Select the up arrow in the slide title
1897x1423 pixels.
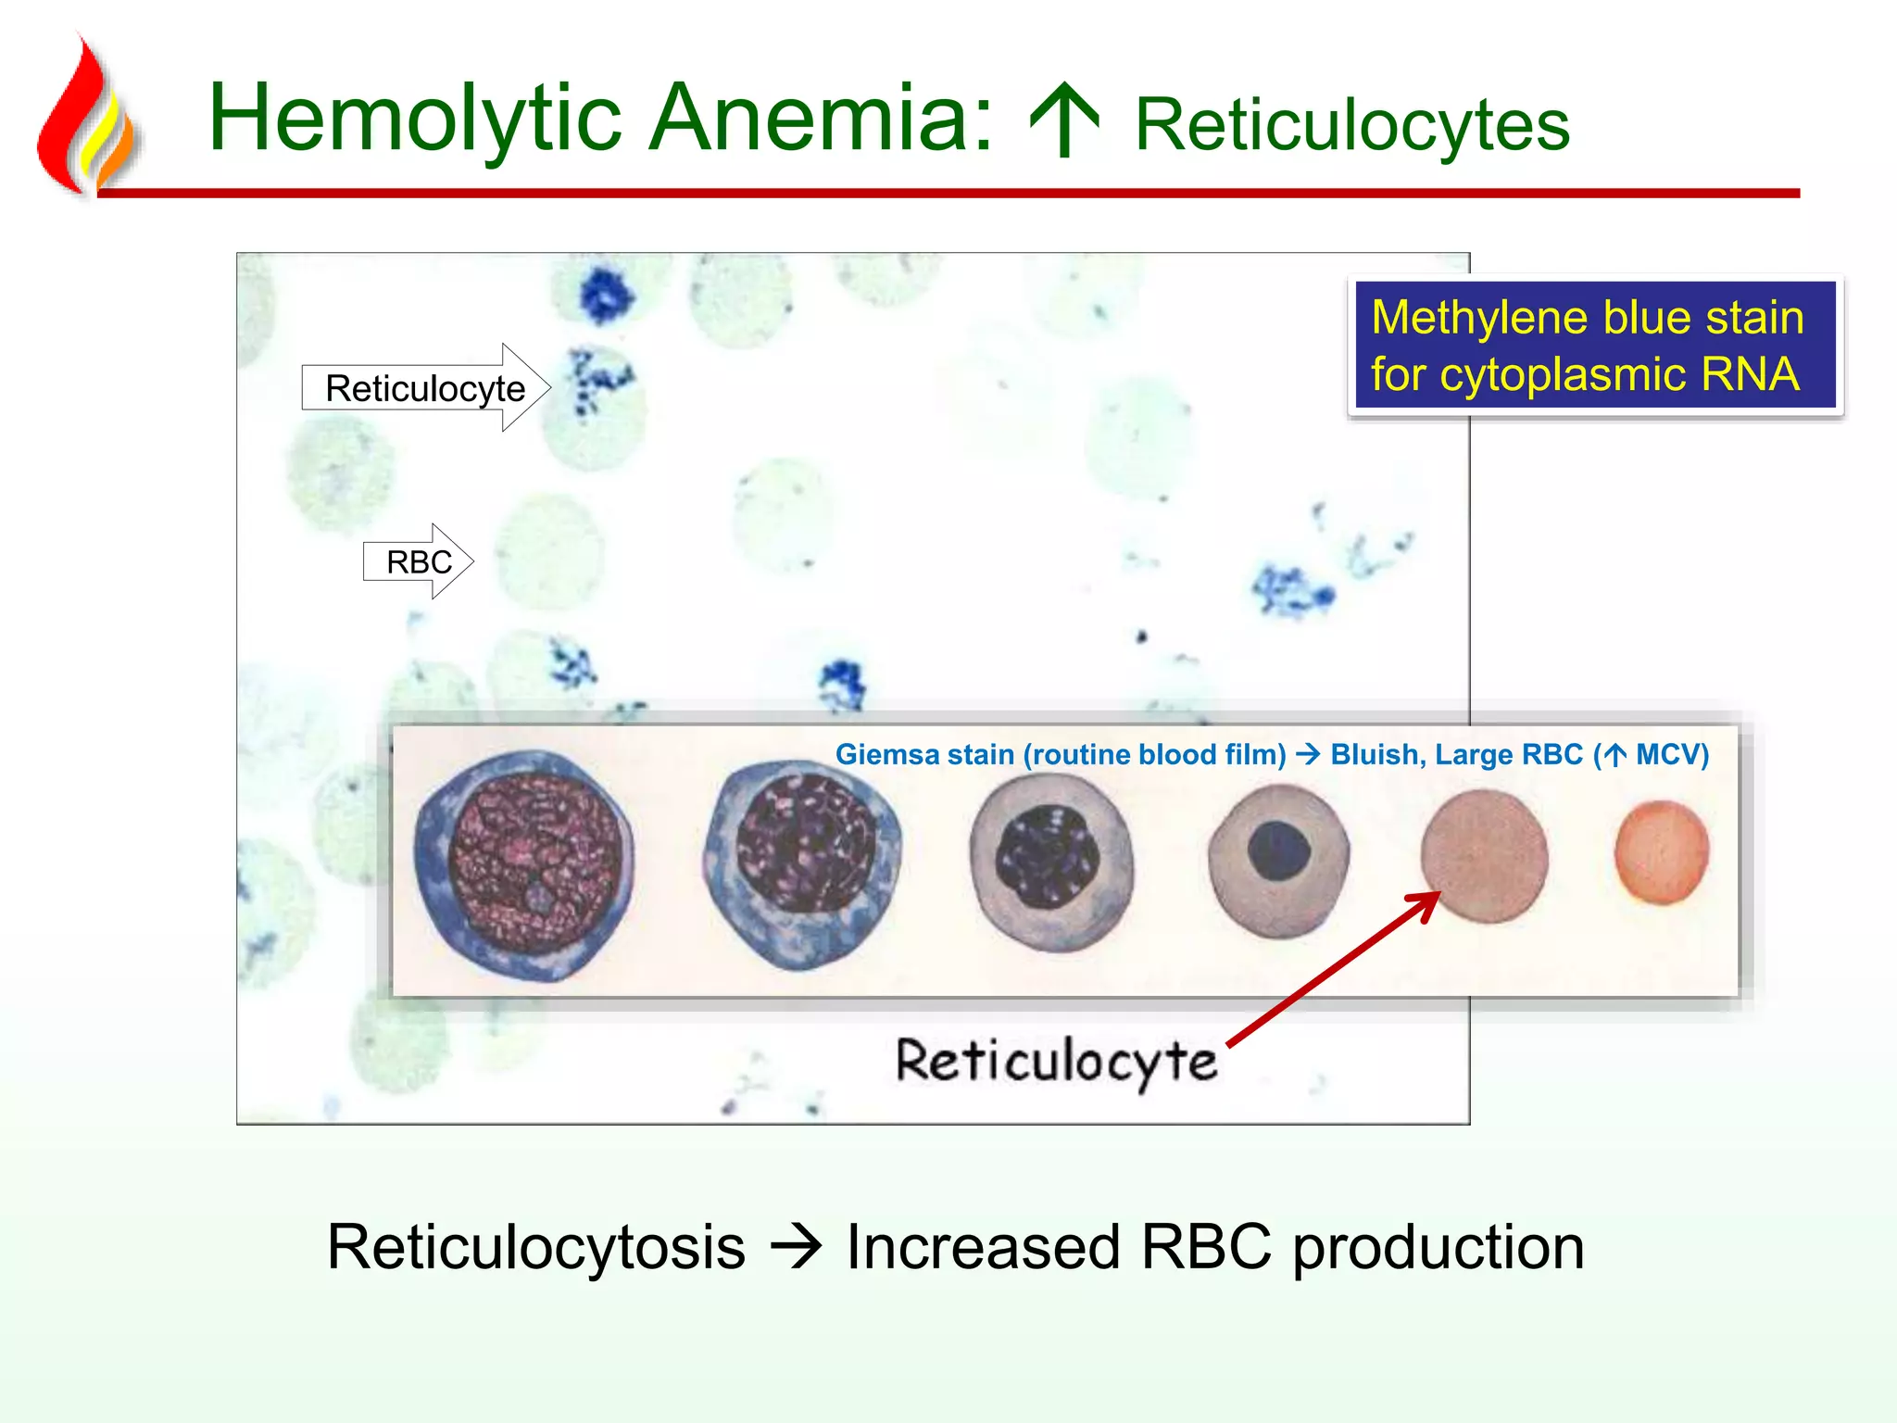[1064, 120]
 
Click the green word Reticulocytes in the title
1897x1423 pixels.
[1352, 125]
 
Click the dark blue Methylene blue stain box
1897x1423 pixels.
[1594, 346]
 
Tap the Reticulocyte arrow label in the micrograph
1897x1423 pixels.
[425, 388]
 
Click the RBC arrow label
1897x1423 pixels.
[418, 561]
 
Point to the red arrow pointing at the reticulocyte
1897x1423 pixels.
[1334, 968]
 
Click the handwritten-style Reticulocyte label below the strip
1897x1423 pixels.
[1056, 1061]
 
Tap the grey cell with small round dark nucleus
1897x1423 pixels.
[1278, 859]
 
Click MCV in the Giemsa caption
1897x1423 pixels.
[1666, 755]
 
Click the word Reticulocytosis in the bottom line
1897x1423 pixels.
[536, 1247]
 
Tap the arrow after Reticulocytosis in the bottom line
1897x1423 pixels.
[796, 1247]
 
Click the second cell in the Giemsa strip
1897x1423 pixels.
[802, 864]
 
